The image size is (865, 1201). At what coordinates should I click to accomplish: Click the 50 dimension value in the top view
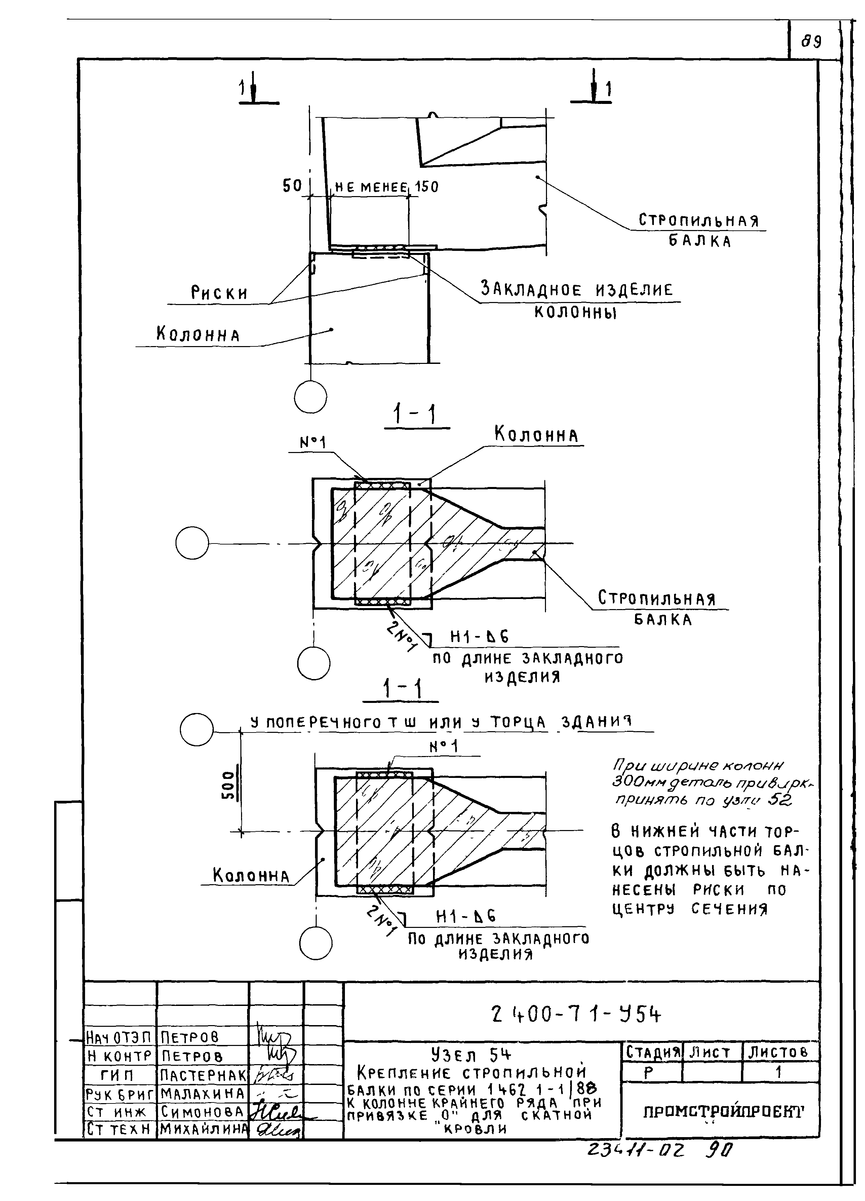click(292, 186)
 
